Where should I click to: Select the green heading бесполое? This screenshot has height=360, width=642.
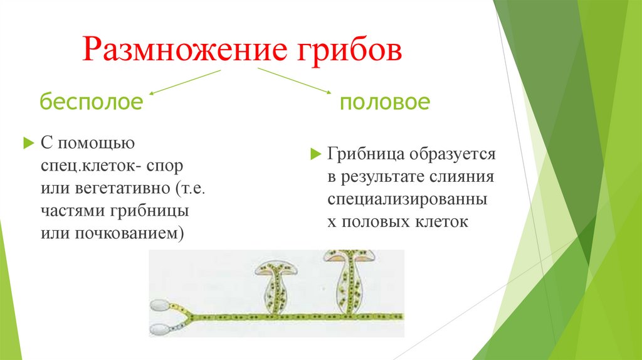(x=92, y=101)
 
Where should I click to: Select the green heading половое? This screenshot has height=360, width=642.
(x=385, y=102)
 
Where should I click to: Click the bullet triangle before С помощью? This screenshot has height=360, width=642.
(x=27, y=144)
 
